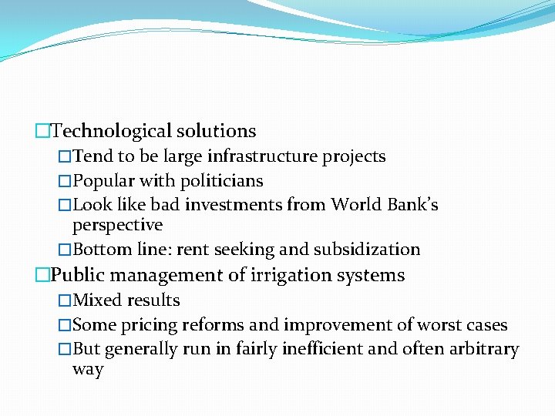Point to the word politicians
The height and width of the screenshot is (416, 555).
(x=222, y=181)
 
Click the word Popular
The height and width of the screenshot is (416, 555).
(x=105, y=181)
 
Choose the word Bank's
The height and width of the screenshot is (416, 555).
(x=412, y=205)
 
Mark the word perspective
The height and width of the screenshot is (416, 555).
(x=117, y=226)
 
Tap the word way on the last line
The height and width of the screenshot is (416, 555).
(x=87, y=370)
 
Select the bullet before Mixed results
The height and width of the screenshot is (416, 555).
(x=66, y=301)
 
